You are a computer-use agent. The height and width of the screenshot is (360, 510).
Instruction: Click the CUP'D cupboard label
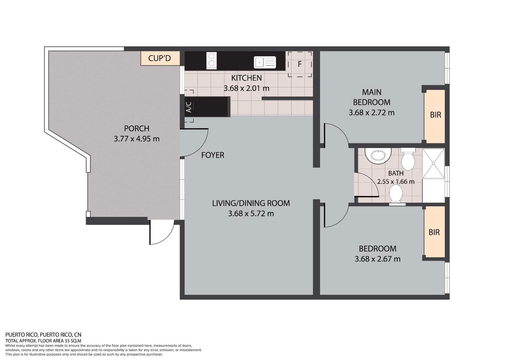click(x=160, y=58)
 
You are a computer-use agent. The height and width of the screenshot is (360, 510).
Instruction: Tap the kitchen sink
click(x=265, y=62)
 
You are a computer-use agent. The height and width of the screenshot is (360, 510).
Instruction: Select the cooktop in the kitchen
click(x=211, y=60)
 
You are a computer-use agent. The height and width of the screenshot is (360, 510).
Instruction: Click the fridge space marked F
click(x=300, y=64)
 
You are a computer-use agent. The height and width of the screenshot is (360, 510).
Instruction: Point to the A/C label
click(x=189, y=107)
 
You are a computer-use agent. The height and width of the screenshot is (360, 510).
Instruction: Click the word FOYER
click(x=213, y=155)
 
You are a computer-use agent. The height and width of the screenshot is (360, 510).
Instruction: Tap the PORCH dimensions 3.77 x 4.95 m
click(x=136, y=139)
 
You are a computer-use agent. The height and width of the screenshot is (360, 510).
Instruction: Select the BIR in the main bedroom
click(x=435, y=115)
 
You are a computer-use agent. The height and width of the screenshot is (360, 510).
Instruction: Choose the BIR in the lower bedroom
click(x=434, y=233)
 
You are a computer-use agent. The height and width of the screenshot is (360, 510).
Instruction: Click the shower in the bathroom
click(x=433, y=163)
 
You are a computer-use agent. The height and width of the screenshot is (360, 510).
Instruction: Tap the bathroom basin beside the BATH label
click(x=378, y=155)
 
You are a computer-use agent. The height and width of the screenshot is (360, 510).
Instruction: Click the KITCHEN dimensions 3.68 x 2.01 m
click(x=246, y=88)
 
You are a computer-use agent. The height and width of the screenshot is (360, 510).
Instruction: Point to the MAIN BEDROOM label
click(x=372, y=97)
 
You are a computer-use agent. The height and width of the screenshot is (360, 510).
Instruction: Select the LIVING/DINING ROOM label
click(x=251, y=203)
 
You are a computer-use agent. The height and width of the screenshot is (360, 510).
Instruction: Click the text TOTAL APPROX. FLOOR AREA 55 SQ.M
click(x=43, y=341)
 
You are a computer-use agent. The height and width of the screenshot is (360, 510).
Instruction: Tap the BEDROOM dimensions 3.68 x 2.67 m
click(x=377, y=259)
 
